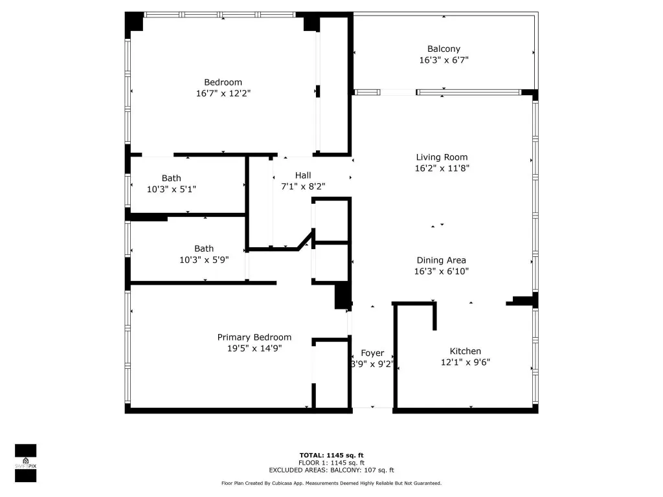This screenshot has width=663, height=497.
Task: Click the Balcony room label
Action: (444, 49)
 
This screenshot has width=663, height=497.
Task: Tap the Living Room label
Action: (442, 157)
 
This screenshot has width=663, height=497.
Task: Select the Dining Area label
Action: (442, 260)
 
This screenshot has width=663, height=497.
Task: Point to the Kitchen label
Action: (465, 351)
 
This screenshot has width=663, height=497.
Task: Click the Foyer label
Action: (372, 353)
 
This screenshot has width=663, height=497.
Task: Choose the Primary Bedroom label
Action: (254, 337)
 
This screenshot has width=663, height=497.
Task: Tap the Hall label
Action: (303, 175)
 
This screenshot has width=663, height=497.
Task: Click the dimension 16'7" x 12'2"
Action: (223, 93)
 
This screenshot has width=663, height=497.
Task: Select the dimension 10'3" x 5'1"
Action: (171, 190)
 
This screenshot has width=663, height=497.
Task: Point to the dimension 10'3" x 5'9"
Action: (204, 260)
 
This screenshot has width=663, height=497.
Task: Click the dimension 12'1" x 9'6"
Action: (465, 362)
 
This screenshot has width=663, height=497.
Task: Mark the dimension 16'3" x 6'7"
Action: (444, 60)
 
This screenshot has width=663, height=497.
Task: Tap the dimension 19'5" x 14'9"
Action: (254, 348)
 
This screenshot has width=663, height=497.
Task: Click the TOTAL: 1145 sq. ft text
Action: (331, 455)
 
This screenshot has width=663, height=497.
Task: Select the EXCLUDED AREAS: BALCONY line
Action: (331, 470)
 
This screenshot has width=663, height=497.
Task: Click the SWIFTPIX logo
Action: (26, 463)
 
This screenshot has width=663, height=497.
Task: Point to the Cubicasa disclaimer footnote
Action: (331, 483)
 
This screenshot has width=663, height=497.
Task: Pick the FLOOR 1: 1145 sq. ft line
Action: (331, 463)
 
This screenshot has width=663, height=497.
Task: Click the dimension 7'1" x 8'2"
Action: (303, 186)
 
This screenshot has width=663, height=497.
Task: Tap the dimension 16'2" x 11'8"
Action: (442, 168)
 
